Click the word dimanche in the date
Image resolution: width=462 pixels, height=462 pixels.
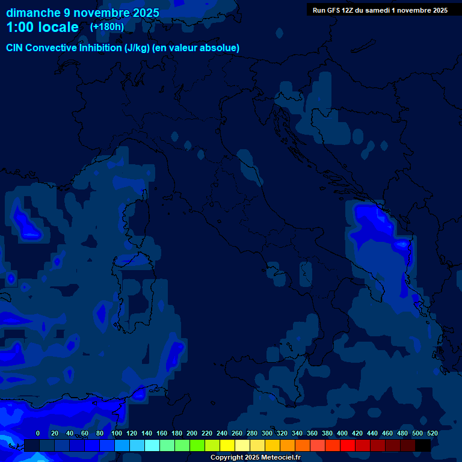(x=33, y=13)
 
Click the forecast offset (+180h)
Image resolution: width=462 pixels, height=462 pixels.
(x=106, y=26)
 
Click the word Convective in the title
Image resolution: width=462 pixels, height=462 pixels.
(x=51, y=48)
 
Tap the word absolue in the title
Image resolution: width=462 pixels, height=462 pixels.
(x=221, y=48)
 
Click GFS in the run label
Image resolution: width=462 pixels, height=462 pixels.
(x=333, y=10)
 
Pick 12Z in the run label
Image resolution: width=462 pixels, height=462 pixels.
(x=348, y=10)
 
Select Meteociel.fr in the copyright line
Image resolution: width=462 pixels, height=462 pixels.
(x=276, y=458)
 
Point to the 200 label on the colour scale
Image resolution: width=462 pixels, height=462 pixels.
(x=192, y=433)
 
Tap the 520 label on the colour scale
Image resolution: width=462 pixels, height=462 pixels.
(x=433, y=433)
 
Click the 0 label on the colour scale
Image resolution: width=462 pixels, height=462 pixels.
(x=38, y=433)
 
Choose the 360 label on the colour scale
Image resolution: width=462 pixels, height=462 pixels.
(x=312, y=433)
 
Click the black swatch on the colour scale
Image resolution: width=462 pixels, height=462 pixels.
(x=423, y=445)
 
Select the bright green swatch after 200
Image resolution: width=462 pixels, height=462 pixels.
(x=197, y=445)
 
